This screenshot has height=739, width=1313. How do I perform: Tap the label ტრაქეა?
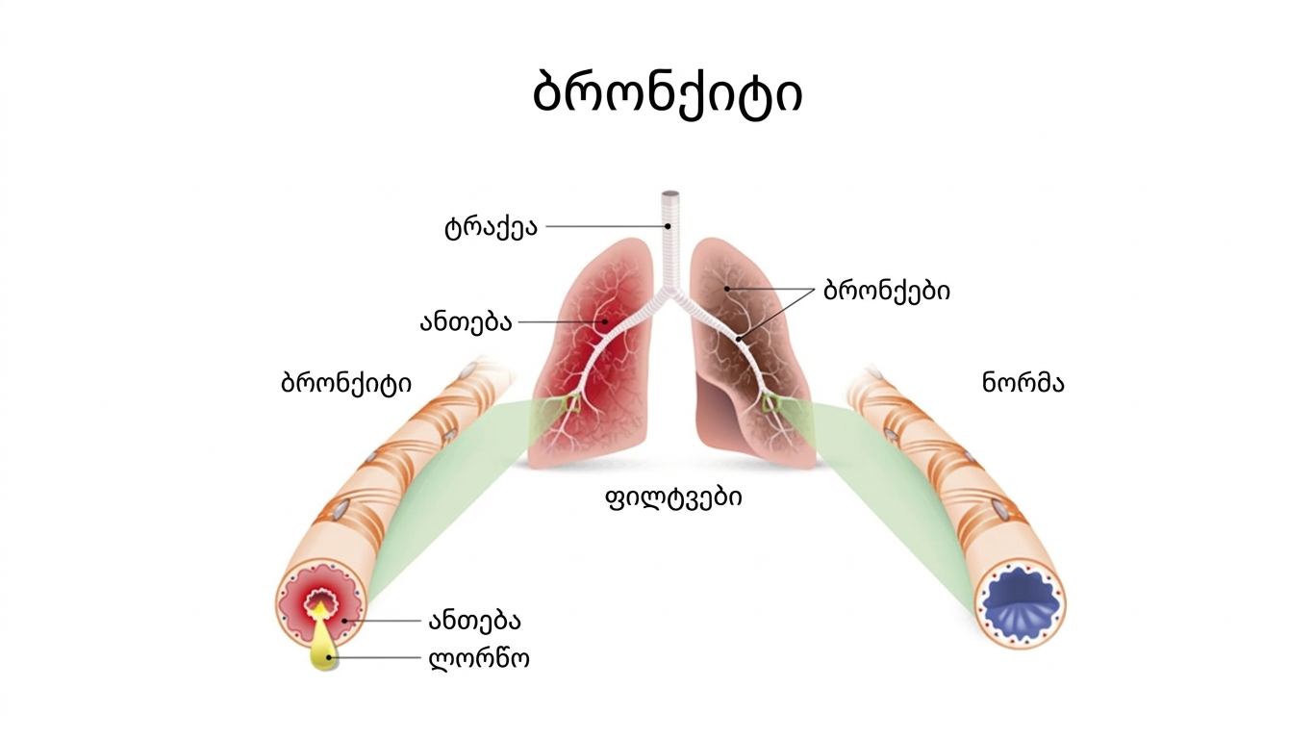[491, 228]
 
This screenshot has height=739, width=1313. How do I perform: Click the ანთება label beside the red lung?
[465, 323]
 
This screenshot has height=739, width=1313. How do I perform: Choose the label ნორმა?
[1023, 383]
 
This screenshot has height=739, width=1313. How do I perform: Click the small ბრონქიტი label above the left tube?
[345, 383]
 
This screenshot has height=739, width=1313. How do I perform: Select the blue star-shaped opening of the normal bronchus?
[1021, 607]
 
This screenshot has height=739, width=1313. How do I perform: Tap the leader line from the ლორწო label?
[380, 659]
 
